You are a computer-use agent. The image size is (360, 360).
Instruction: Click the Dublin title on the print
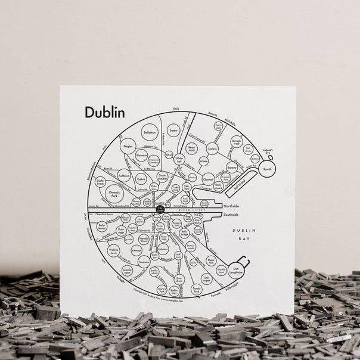pos(104,112)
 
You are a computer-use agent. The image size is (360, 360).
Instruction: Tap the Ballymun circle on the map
pos(150,132)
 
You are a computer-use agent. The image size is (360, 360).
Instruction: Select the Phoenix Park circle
pos(114,193)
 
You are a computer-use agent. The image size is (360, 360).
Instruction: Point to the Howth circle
pos(267,169)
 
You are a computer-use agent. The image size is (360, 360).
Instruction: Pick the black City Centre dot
pos(160,209)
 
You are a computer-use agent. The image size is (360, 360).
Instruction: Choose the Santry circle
pos(173,130)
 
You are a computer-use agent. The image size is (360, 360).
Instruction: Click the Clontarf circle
pos(208,177)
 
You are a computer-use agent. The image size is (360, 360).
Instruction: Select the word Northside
pos(231,206)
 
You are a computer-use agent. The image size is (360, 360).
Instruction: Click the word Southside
pos(231,215)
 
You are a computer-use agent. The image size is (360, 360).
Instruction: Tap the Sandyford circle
pos(196,290)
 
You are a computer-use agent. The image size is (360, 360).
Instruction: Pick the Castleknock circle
pos(100,181)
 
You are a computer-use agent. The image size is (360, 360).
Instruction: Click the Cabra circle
pos(141,178)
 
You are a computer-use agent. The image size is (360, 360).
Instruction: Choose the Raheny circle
pos(232,169)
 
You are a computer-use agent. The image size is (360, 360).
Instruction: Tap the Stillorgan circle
pos(206,278)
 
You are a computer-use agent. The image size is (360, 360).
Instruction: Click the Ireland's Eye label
pos(266,153)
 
